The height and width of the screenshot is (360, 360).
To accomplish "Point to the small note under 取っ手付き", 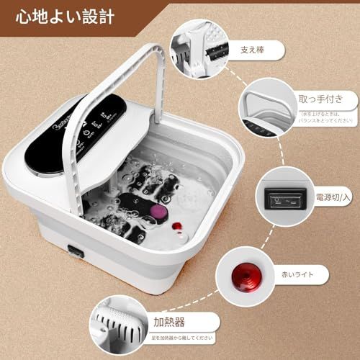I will (x=327, y=117).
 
